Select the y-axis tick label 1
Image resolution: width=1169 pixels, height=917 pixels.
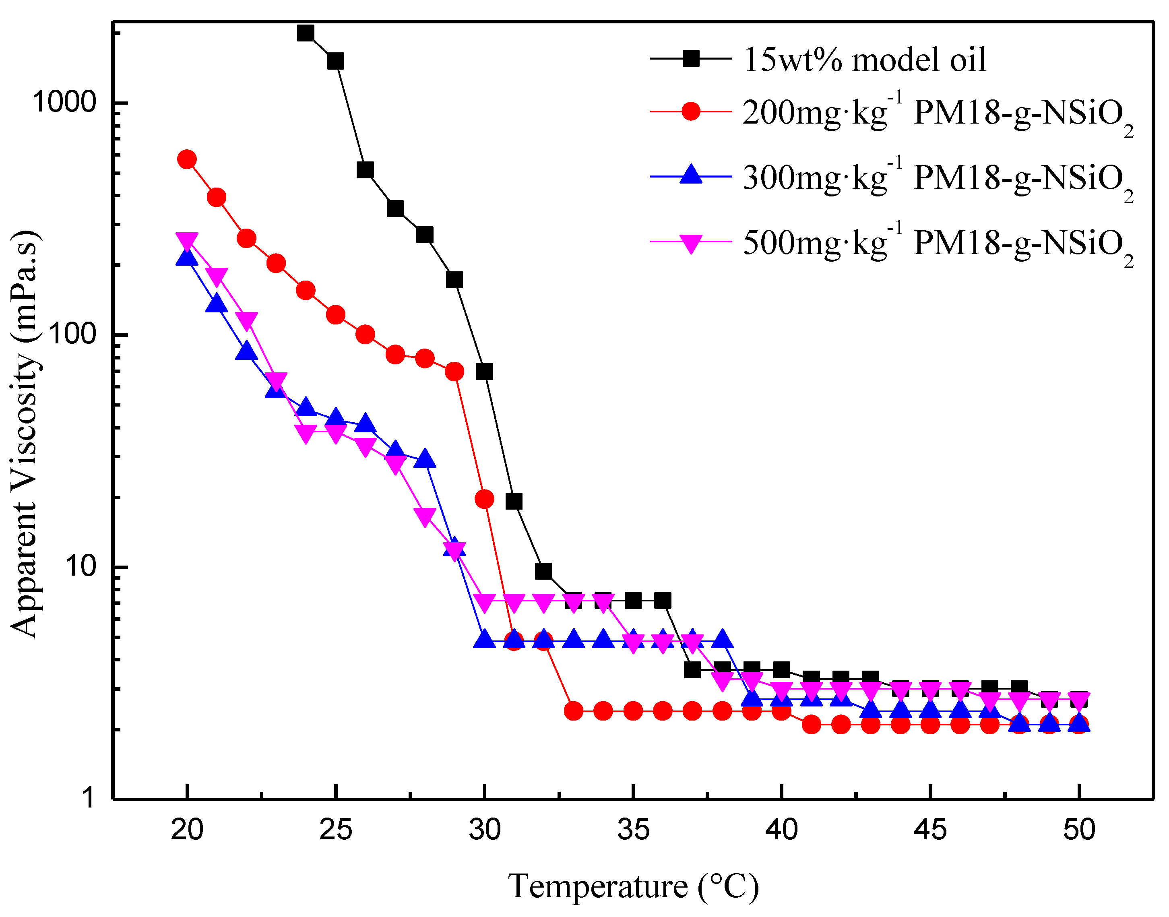pyautogui.click(x=89, y=798)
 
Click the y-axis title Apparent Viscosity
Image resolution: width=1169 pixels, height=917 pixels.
pyautogui.click(x=24, y=435)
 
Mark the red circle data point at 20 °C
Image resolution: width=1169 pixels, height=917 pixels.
pyautogui.click(x=186, y=159)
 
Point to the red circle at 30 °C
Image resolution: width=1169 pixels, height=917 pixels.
pyautogui.click(x=484, y=499)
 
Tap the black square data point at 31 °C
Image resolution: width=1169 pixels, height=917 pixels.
pyautogui.click(x=514, y=501)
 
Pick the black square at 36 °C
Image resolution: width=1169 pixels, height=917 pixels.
pyautogui.click(x=663, y=600)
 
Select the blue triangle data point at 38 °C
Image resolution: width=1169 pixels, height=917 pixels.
pyautogui.click(x=722, y=639)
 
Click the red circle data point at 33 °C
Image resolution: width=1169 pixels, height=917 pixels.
pyautogui.click(x=574, y=711)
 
